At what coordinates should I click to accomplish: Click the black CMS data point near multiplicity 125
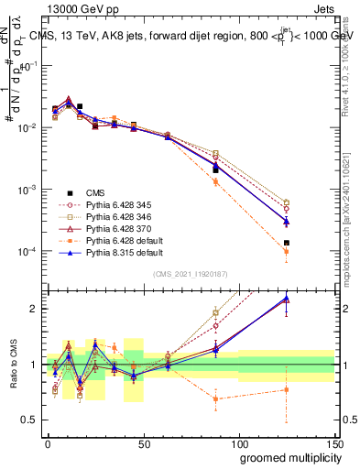[x=287, y=243]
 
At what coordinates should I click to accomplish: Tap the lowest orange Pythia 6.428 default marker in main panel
[x=287, y=251]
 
